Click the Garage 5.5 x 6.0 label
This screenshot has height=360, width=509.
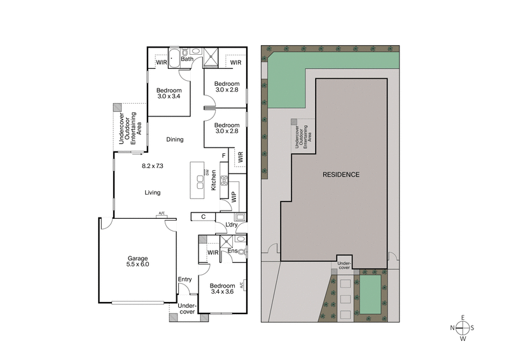tap(138, 261)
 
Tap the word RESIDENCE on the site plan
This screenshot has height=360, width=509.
tap(340, 174)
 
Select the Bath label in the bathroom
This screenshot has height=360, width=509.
tap(186, 59)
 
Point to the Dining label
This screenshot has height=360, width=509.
tap(175, 140)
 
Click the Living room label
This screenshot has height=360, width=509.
tap(152, 193)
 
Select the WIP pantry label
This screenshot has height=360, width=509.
tap(234, 197)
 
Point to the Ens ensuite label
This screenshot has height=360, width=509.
tap(233, 251)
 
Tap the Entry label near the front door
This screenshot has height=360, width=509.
tap(185, 279)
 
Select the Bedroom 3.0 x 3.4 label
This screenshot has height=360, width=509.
tap(169, 93)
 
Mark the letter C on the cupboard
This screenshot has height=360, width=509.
tap(203, 217)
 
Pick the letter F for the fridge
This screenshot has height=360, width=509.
tap(223, 155)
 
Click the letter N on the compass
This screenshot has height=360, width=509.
tap(454, 328)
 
